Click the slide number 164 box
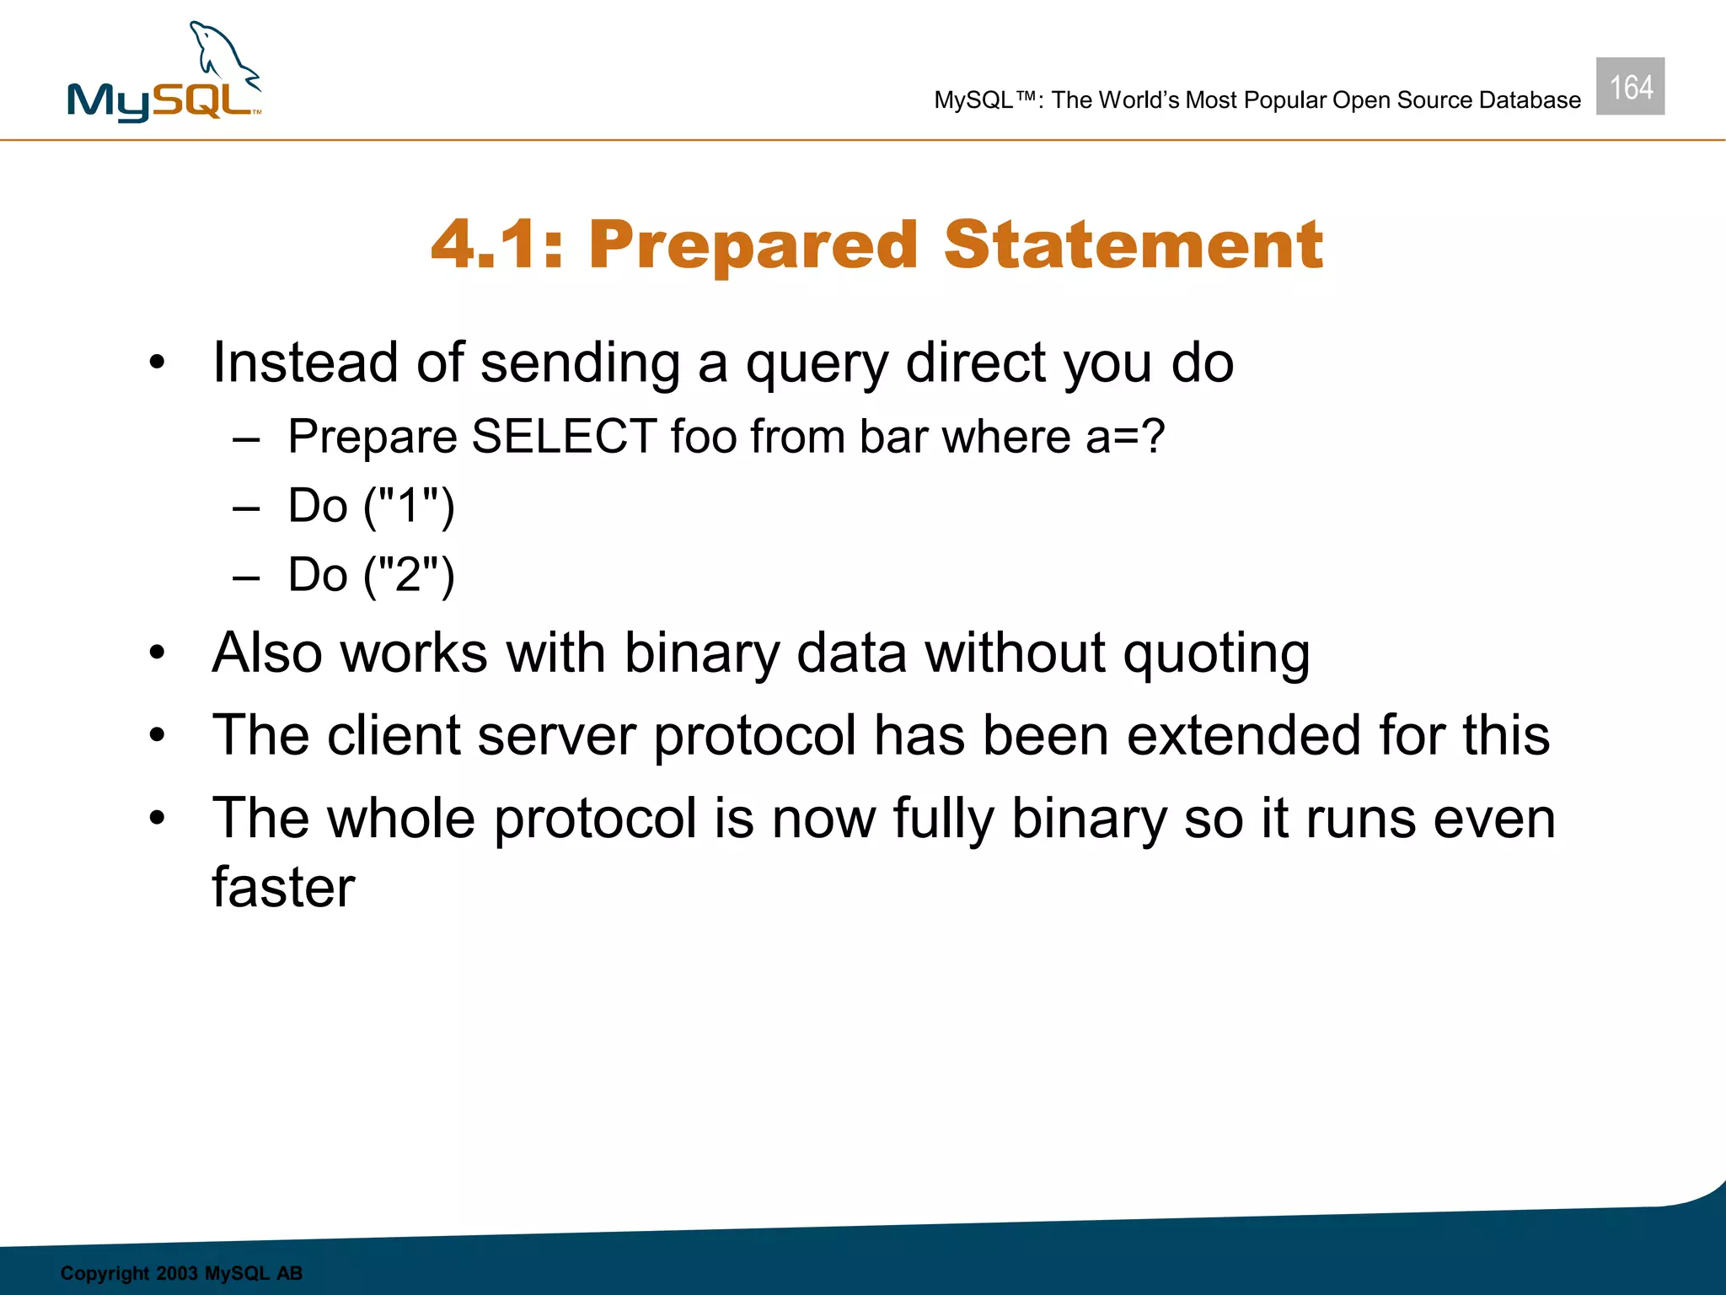tap(1630, 87)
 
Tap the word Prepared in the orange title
tap(753, 244)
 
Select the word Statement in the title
tap(1133, 244)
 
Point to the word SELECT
tap(564, 437)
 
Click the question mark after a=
tap(1151, 437)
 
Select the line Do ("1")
tap(371, 506)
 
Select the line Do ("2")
tap(371, 575)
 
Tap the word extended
tap(1244, 735)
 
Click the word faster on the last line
tap(283, 887)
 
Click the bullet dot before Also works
tap(158, 653)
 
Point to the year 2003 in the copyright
tap(177, 1273)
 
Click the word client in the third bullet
tap(393, 735)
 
